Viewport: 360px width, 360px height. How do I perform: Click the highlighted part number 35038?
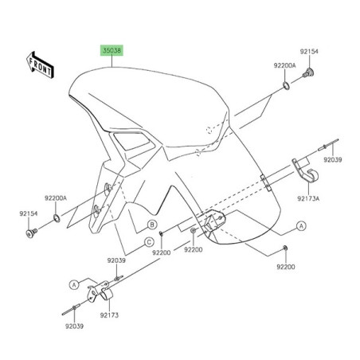tap(112, 49)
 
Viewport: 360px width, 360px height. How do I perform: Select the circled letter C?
tap(148, 243)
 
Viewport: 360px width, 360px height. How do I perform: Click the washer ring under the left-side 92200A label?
tap(57, 217)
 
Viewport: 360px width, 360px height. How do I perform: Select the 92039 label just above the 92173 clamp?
tap(116, 260)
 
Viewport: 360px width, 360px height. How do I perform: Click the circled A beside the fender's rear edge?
tap(301, 225)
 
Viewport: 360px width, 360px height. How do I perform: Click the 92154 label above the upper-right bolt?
tap(308, 51)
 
